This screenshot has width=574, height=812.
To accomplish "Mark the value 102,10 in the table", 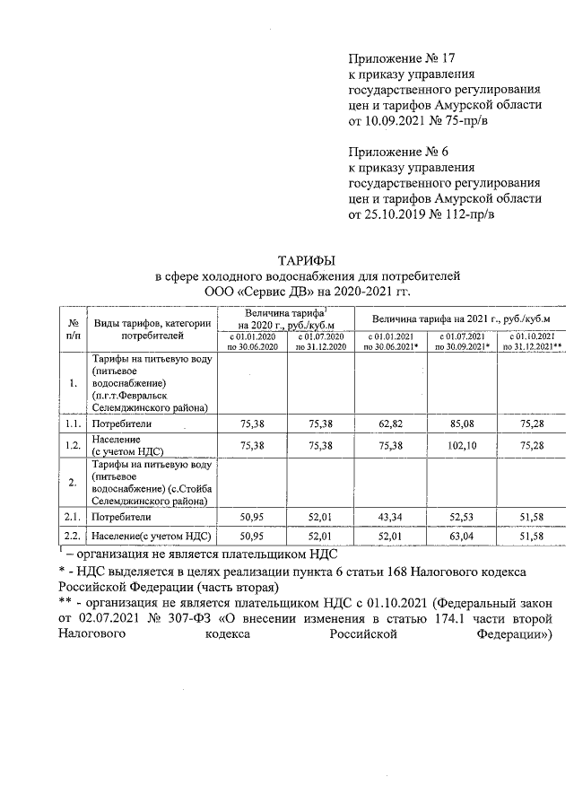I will coord(462,443).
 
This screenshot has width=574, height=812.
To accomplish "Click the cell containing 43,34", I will coord(392,517).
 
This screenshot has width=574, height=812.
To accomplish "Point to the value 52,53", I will coord(462,517).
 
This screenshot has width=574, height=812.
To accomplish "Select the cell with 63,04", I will coord(462,536).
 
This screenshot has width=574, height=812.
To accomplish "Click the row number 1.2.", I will coord(72,443).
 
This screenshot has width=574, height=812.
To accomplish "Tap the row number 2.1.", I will coord(72,517).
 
